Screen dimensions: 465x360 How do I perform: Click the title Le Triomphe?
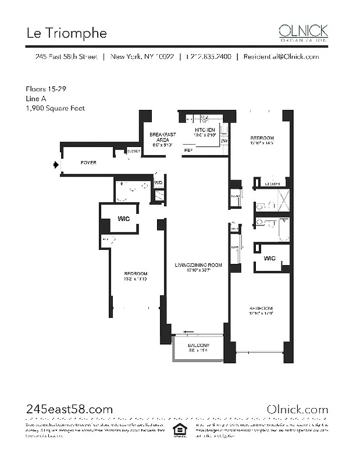click(x=67, y=33)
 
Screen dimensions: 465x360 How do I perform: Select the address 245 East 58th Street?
click(x=64, y=57)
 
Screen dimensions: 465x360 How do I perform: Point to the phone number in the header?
click(x=209, y=57)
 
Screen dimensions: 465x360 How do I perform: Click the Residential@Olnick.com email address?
click(x=281, y=57)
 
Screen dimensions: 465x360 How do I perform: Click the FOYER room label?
click(x=88, y=163)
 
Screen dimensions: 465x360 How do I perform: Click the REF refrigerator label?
click(x=188, y=150)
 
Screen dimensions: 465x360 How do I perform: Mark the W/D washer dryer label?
click(x=158, y=183)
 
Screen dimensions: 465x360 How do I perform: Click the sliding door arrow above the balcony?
click(x=188, y=332)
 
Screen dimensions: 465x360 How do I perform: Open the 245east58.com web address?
click(x=69, y=410)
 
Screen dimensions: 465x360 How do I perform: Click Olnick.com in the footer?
click(x=297, y=410)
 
